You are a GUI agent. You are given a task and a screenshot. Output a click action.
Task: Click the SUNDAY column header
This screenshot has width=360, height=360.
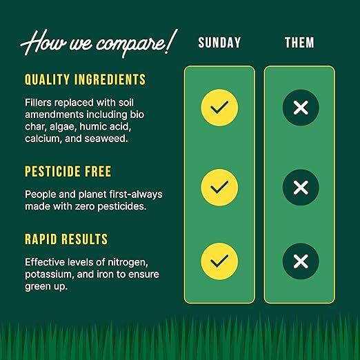tap(219, 43)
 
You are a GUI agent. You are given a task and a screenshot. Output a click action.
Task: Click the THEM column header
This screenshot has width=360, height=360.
tap(300, 43)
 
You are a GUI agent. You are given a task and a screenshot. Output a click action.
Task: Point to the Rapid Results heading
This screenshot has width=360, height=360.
tap(66, 239)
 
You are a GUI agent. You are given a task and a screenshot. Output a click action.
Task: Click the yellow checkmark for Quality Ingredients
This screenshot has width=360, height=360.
tap(219, 108)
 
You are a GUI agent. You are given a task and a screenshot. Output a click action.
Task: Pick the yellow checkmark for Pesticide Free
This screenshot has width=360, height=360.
tap(219, 187)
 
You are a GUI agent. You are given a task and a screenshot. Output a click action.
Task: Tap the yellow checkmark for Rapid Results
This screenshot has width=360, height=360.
tap(219, 261)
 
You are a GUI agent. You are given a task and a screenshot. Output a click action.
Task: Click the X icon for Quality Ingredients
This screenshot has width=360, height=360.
tap(301, 108)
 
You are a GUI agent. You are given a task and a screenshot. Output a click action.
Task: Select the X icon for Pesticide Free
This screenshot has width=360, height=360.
tap(301, 187)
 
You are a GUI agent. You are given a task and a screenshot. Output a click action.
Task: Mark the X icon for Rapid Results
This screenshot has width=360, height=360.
tap(301, 261)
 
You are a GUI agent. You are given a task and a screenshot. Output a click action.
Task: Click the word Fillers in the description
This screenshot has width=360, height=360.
tap(40, 101)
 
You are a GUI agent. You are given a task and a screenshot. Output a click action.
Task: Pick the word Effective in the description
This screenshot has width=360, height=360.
tap(47, 262)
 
